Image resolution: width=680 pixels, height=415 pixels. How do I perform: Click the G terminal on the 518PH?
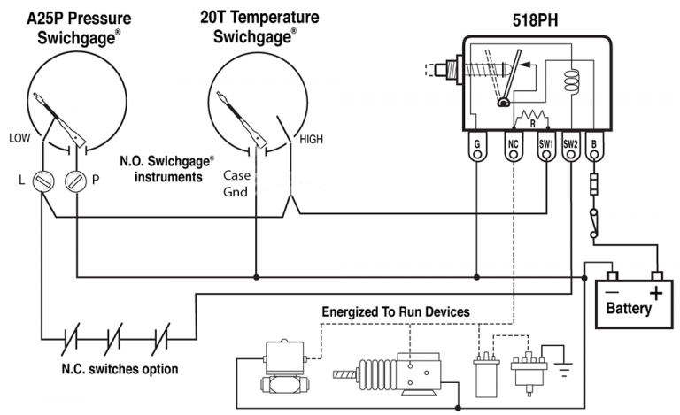coord(477,145)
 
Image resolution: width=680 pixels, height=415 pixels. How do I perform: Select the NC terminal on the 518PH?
coord(513,145)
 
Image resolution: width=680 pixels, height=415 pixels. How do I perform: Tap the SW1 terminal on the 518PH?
coord(546,145)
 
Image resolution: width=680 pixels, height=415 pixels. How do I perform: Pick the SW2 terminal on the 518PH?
coord(570,145)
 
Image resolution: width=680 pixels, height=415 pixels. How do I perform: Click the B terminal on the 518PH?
coord(595,145)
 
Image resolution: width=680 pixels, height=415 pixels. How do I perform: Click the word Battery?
coord(629,309)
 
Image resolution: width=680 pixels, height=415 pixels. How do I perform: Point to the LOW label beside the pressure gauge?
coord(20,138)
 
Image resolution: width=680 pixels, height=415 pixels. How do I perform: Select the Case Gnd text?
coord(236,183)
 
